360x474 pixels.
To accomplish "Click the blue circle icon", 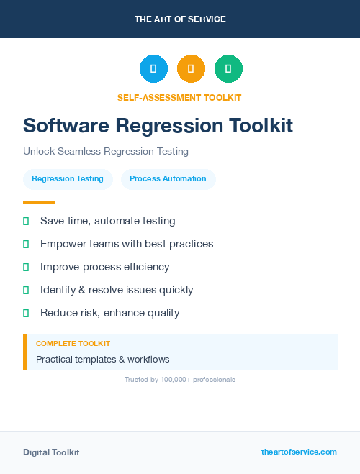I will point(153,69).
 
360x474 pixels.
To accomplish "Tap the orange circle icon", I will point(191,69).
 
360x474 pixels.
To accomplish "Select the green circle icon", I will point(228,69).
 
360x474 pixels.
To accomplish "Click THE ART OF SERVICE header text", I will point(180,19).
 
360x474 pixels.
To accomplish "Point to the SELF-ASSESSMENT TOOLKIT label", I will point(179,97).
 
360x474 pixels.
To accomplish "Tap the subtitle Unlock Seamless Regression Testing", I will point(106,152).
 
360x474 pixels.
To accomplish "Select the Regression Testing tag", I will point(68,179).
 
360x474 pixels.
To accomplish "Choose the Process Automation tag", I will point(168,179).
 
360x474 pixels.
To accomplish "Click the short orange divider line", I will point(39,202).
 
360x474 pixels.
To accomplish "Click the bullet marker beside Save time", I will point(26,221).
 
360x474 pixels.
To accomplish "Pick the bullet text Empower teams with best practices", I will point(127,244).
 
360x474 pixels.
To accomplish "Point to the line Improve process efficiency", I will point(105,267).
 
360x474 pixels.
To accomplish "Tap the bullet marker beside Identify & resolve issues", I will point(26,290).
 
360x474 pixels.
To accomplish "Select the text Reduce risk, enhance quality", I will point(110,313).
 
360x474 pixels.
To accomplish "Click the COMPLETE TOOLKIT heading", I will point(73,344).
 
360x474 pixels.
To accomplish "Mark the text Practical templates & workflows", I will point(103,359).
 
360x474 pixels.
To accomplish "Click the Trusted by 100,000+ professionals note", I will point(180,379).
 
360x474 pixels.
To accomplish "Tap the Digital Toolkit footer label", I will point(51,452).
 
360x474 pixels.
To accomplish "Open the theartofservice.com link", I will point(299,452).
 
